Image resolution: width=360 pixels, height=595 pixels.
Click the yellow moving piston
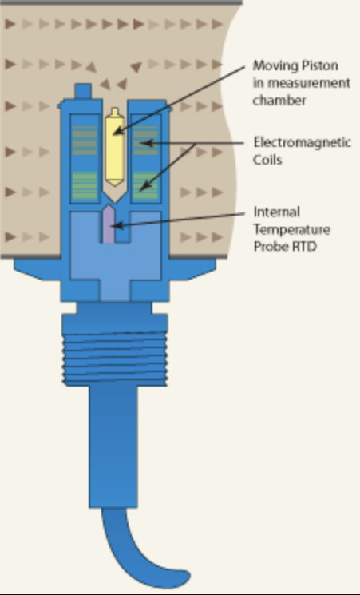(115, 147)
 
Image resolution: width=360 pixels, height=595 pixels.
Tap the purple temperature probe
(109, 224)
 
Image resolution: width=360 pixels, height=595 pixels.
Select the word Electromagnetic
(302, 143)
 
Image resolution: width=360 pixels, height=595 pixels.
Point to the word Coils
(268, 160)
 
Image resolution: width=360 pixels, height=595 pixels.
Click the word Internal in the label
(276, 212)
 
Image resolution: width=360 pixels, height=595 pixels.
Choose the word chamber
(279, 101)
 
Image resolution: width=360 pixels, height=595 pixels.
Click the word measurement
(307, 84)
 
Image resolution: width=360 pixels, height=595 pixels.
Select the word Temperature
(291, 229)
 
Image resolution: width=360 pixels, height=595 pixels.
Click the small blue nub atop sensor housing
(83, 91)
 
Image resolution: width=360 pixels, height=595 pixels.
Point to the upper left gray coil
(85, 141)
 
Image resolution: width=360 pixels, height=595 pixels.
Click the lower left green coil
(85, 185)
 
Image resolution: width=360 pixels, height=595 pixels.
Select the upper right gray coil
(145, 141)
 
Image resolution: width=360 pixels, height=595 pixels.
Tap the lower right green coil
(145, 185)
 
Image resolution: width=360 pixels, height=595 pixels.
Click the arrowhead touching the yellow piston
(119, 130)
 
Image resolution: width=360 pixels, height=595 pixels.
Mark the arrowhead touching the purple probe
(117, 226)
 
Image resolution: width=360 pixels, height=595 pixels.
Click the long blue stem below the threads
(113, 446)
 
